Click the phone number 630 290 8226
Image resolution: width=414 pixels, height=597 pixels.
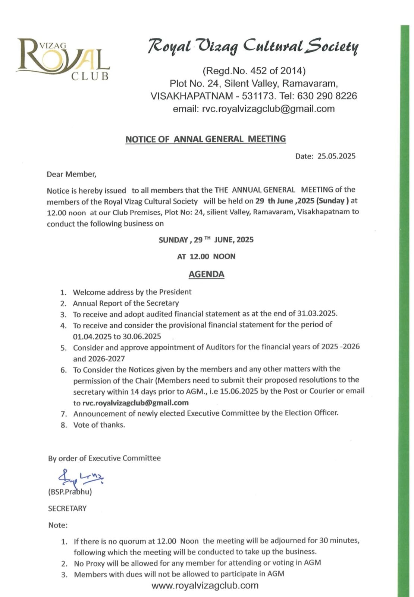[327, 96]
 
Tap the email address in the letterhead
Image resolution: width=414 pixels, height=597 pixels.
[268, 109]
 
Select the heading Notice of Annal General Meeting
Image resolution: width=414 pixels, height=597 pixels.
[206, 139]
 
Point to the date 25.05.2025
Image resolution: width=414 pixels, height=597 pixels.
[336, 156]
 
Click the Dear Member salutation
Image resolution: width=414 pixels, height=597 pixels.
[72, 174]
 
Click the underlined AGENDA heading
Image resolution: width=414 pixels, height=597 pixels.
[206, 274]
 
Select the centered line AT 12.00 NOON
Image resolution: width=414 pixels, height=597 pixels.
[206, 257]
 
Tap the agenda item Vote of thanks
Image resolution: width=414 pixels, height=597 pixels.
[99, 425]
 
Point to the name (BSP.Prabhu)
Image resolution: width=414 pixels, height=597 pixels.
[70, 492]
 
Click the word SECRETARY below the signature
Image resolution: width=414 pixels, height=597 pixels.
[67, 509]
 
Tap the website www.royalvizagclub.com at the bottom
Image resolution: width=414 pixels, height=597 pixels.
[205, 585]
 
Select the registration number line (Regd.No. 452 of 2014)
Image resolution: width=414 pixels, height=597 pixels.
[254, 71]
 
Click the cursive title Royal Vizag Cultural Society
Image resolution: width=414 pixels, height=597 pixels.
[253, 46]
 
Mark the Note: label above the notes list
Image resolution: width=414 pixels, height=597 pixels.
[58, 525]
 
